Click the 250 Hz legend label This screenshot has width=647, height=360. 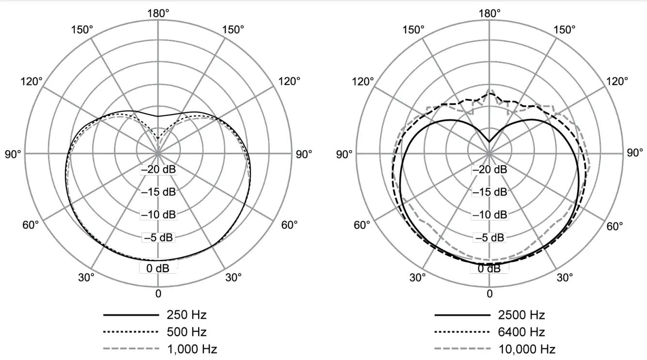[187, 315]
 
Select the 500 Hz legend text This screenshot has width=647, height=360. [187, 332]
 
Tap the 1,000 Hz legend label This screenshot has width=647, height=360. [192, 349]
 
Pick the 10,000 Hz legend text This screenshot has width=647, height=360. [527, 349]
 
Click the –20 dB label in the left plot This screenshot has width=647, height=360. [158, 170]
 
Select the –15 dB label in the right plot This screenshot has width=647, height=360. [489, 192]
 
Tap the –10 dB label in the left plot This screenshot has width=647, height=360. [158, 215]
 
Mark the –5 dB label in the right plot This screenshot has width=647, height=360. [489, 237]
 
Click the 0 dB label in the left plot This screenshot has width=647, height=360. [158, 268]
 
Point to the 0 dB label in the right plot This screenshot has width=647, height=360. [489, 268]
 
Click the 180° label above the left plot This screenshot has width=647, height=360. [158, 13]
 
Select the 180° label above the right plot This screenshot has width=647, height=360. [489, 13]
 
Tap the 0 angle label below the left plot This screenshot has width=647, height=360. [158, 294]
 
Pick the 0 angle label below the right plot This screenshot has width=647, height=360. [489, 294]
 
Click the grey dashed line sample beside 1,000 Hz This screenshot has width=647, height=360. [131, 349]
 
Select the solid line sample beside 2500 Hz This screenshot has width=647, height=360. [462, 315]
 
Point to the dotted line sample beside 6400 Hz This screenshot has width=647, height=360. [462, 332]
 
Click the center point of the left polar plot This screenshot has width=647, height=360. [158, 153]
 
